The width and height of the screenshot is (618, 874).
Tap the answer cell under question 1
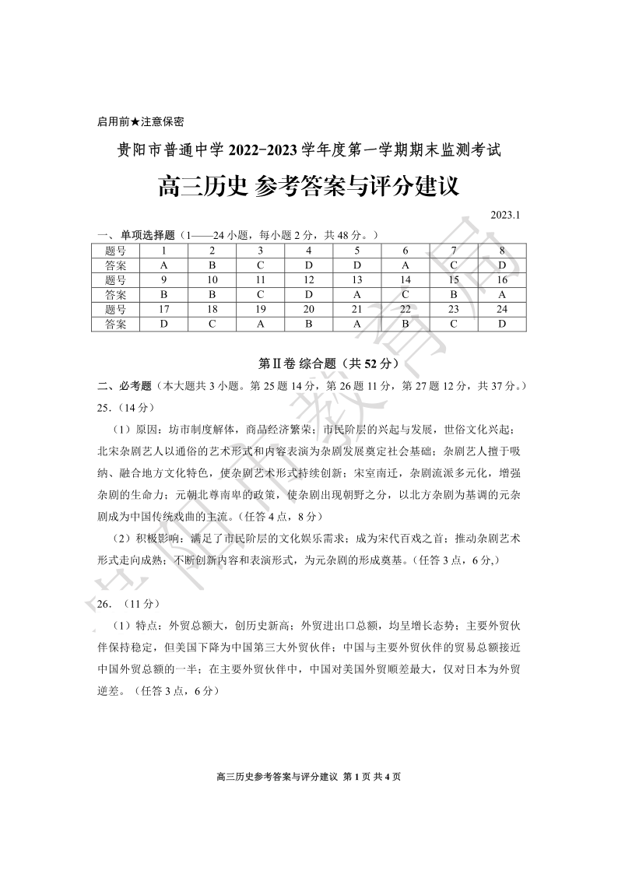point(164,265)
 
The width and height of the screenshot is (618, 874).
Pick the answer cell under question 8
point(502,265)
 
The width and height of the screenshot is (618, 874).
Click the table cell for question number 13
point(357,280)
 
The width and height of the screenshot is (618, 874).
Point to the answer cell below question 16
point(502,295)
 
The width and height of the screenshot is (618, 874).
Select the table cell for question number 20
point(309,310)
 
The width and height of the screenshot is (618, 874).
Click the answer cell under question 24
point(502,325)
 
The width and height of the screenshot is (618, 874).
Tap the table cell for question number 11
point(261,280)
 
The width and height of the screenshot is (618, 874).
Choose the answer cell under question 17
point(164,325)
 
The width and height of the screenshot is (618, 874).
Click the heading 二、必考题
point(125,385)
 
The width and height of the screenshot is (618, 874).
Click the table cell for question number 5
point(357,251)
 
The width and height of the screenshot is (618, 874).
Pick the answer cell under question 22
point(406,325)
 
